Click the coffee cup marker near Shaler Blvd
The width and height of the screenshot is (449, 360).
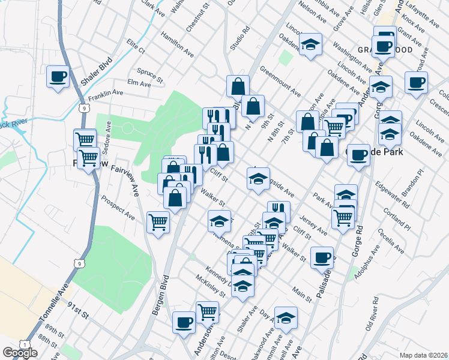(58, 77)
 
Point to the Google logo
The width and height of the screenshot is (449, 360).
(20, 353)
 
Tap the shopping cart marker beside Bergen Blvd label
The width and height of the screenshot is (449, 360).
(158, 222)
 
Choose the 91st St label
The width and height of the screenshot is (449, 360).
(78, 313)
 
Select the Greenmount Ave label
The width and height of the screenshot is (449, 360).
(280, 86)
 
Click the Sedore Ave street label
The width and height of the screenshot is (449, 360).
(108, 137)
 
